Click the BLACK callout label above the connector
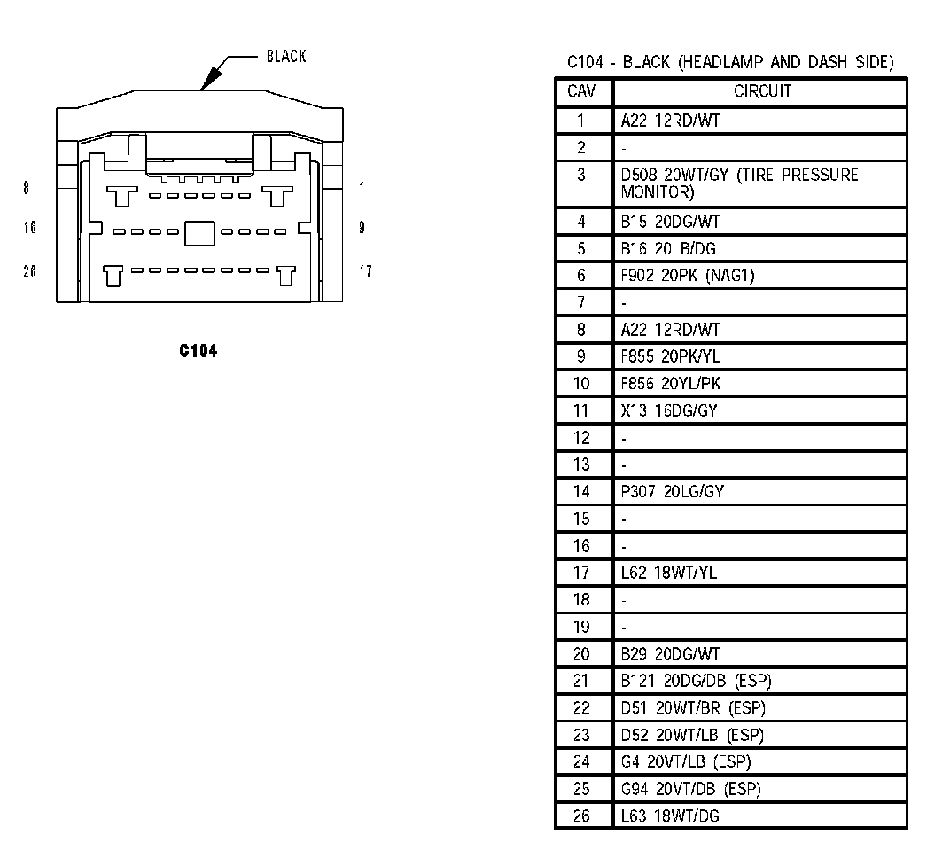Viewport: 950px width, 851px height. (x=285, y=57)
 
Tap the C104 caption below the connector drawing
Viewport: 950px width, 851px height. (x=198, y=351)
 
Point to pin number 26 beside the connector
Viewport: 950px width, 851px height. (x=30, y=271)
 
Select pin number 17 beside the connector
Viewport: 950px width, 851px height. (x=365, y=271)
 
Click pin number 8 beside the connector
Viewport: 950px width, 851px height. (x=27, y=188)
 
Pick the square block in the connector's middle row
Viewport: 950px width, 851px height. (x=199, y=232)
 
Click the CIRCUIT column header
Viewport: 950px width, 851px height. (x=761, y=91)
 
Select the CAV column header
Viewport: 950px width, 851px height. (x=581, y=91)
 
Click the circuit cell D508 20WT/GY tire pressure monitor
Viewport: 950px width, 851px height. (x=739, y=183)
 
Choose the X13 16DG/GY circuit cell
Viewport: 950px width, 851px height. (x=669, y=410)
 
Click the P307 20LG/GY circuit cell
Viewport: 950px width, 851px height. (x=672, y=491)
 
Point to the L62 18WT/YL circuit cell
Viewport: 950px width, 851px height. (x=669, y=573)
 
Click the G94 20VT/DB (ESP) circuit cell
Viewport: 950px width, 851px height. (x=690, y=789)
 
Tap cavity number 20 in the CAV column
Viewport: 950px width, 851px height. (x=581, y=654)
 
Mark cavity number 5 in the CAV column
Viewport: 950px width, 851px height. (x=581, y=248)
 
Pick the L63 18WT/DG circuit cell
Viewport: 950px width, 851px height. (x=670, y=816)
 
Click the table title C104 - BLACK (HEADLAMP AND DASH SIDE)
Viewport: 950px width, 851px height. (x=730, y=62)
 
